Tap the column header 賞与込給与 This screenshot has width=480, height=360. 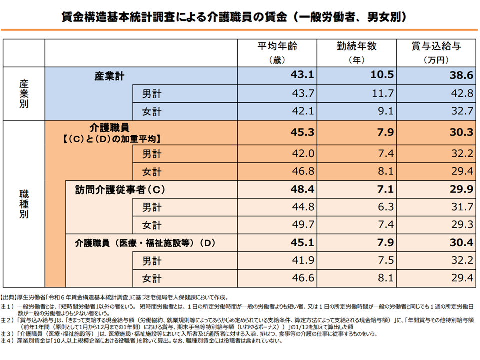[436, 46]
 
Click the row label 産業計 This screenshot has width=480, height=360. [109, 77]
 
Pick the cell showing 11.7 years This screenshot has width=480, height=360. [384, 93]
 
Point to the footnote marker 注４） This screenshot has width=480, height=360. [8, 341]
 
